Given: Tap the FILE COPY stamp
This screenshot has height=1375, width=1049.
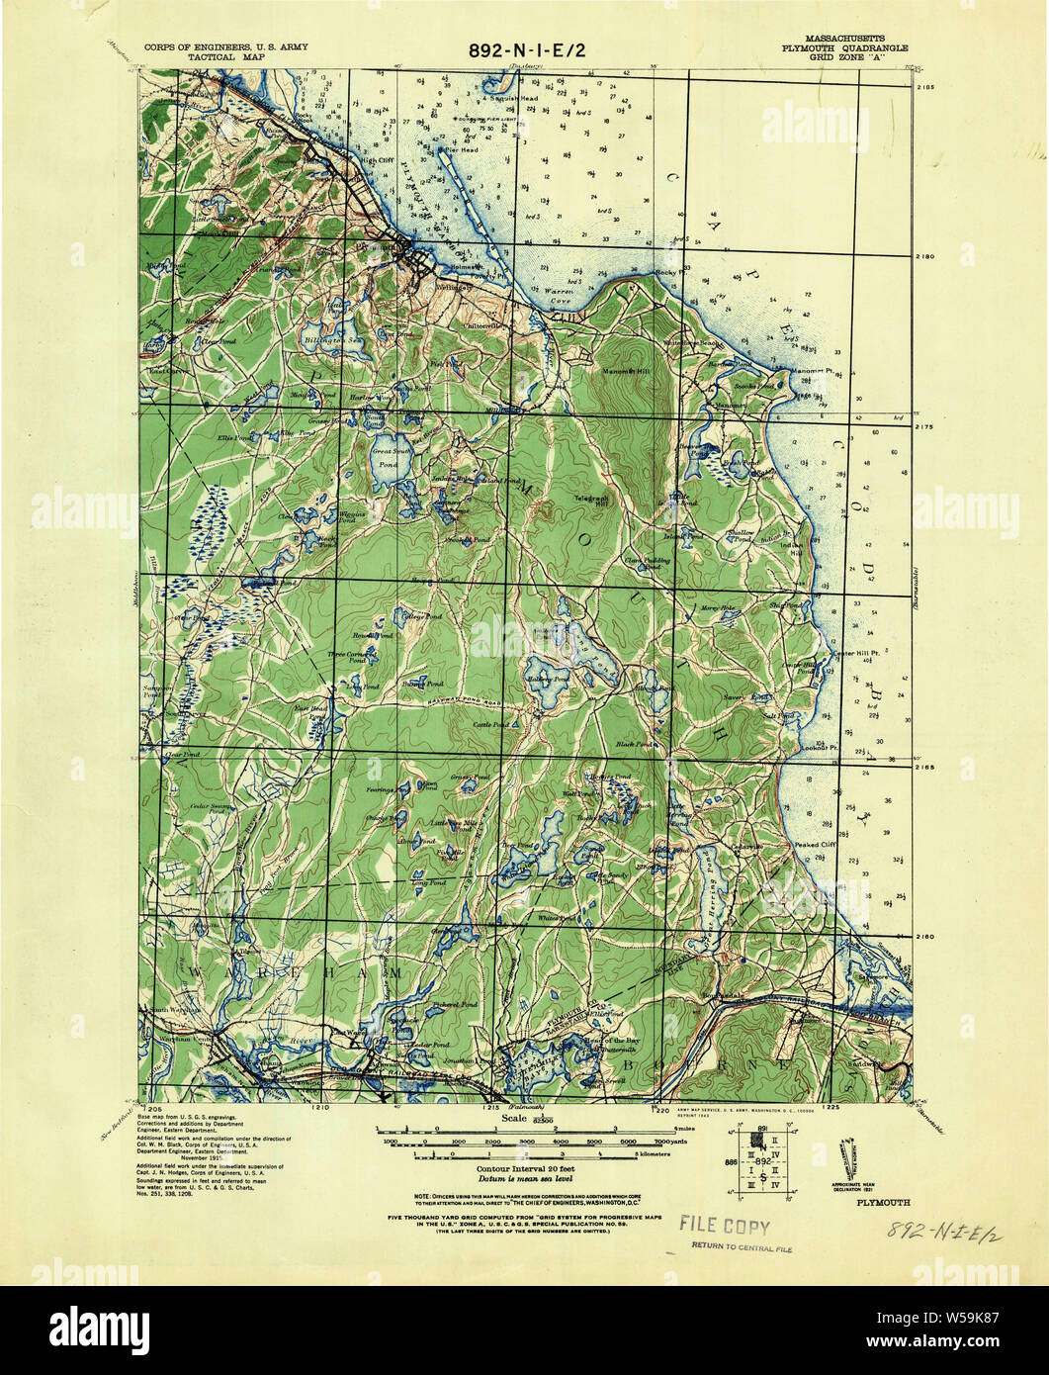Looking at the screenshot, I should (x=724, y=1227).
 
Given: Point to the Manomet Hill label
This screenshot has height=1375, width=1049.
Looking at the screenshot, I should (x=625, y=372).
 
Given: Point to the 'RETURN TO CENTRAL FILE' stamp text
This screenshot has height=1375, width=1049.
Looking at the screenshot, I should (x=741, y=1247).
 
